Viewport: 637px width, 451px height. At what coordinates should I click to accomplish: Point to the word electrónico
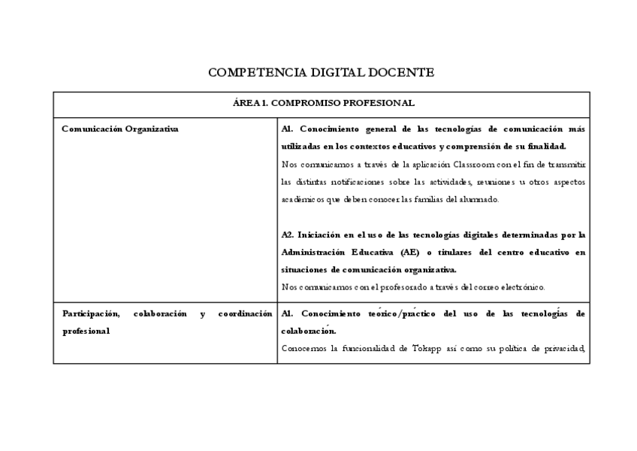(518, 286)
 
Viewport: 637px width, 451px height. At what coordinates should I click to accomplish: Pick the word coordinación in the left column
(245, 313)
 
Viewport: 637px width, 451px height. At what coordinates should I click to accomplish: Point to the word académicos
(303, 200)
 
